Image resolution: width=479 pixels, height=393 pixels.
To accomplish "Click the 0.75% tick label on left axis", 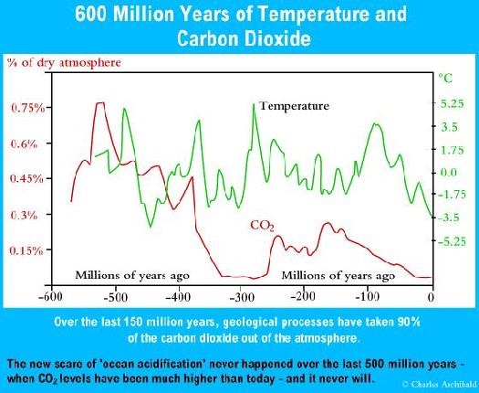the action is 27,108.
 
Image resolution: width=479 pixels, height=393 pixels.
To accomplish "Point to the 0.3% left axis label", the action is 24,215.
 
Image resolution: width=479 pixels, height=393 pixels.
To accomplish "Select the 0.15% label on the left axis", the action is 26,251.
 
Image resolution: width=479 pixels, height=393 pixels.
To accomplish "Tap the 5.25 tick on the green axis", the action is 452,104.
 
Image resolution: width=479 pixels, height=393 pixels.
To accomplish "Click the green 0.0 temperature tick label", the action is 449,173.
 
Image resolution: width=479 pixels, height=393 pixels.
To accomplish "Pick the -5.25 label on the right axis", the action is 452,241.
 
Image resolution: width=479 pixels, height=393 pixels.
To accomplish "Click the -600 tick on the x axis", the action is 51,296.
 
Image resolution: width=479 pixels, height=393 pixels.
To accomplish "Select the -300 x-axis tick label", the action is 240,298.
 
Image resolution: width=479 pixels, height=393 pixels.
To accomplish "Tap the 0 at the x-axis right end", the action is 431,297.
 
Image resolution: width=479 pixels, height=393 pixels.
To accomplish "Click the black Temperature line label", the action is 294,106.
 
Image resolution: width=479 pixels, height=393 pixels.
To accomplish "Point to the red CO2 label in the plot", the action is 262,226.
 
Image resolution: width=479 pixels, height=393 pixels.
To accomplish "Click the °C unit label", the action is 445,78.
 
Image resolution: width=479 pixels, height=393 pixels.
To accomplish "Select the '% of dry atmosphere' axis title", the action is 64,63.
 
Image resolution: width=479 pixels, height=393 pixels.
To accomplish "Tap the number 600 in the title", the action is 90,14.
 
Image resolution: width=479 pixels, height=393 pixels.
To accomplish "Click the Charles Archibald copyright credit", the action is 440,384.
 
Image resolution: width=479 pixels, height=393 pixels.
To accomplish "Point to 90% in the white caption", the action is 409,322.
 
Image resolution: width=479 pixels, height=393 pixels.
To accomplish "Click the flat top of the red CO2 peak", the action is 100,103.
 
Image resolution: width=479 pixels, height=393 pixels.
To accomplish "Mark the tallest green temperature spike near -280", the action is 254,105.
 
